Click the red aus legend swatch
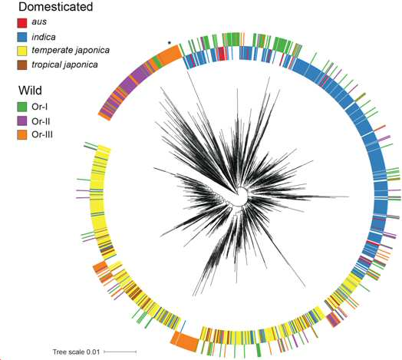(22, 23)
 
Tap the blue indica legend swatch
(22, 37)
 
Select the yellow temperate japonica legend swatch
(22, 51)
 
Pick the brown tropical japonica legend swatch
(22, 65)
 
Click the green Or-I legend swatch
(22, 107)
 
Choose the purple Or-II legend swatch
(22, 121)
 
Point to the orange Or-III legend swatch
(22, 135)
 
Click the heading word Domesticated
(56, 7)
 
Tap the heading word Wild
(30, 91)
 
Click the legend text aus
(39, 21)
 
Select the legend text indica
(44, 37)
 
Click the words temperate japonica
(71, 51)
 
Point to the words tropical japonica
(65, 64)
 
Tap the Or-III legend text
(42, 134)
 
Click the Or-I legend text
(39, 107)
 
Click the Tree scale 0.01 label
(76, 352)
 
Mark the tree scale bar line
(120, 352)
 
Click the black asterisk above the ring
(170, 42)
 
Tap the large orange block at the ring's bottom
(185, 342)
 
